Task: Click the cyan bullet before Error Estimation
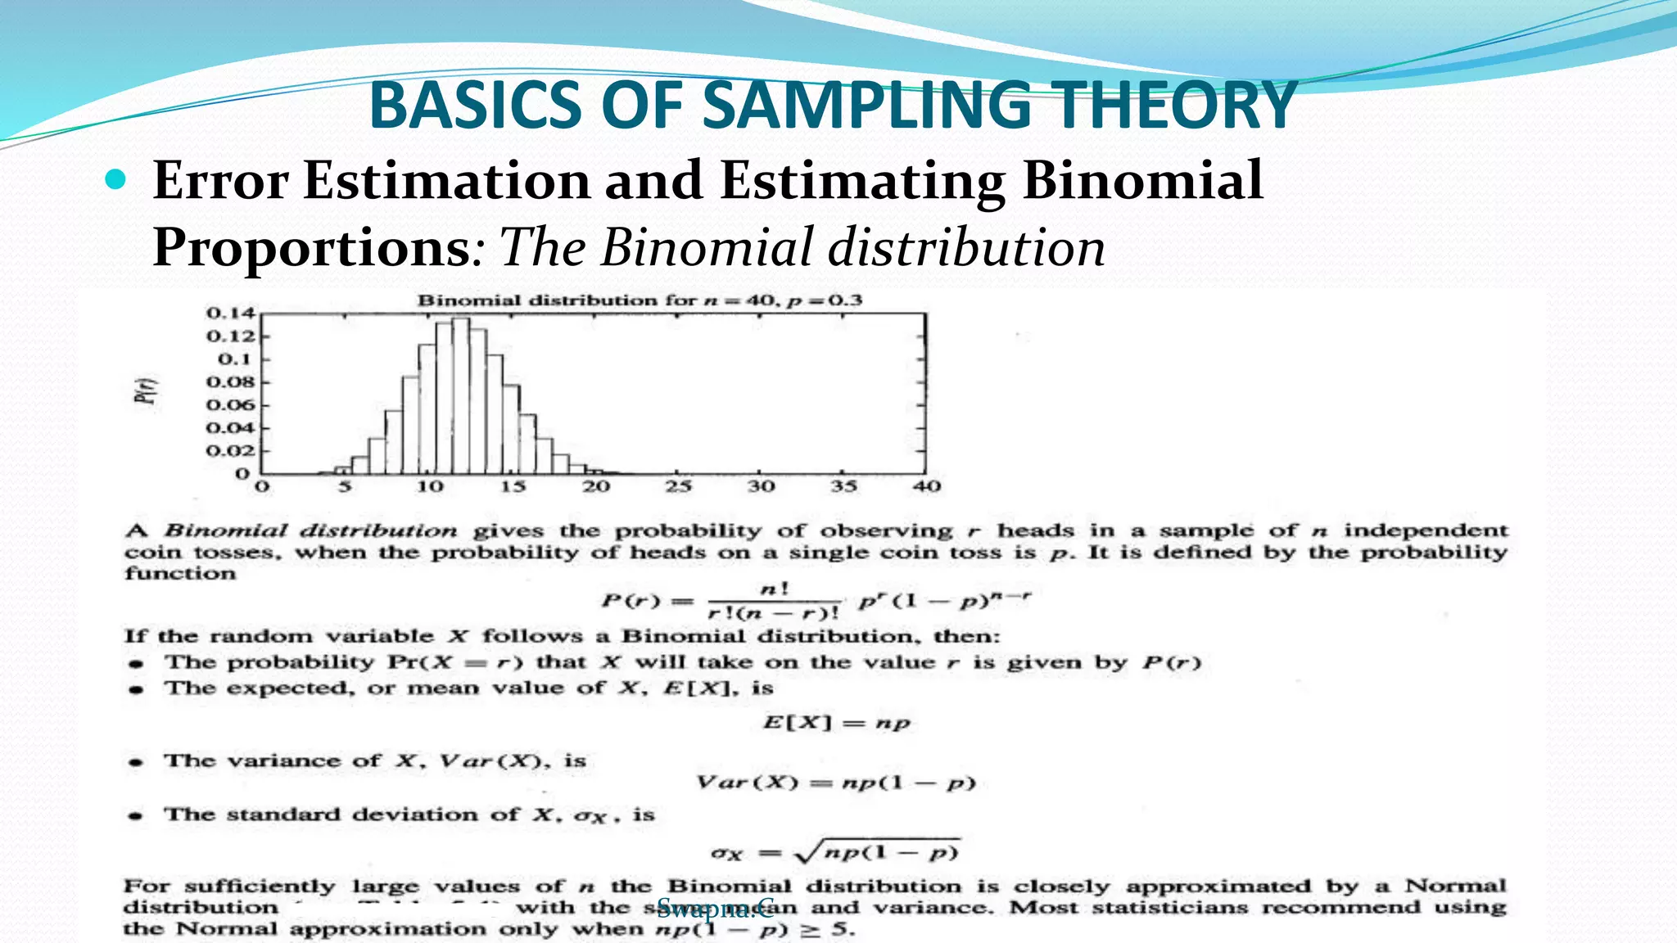116,179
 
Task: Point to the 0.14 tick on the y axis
230,314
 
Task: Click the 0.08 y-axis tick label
230,382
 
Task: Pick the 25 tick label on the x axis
678,486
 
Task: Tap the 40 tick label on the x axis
926,486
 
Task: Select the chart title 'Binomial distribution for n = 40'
640,300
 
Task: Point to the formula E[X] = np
836,723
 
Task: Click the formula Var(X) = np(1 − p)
836,783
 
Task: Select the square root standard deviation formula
835,852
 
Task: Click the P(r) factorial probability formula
816,601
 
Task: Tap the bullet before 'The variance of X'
137,762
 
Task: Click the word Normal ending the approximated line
1455,886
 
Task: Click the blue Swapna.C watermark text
715,907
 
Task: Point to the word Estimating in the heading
863,181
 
